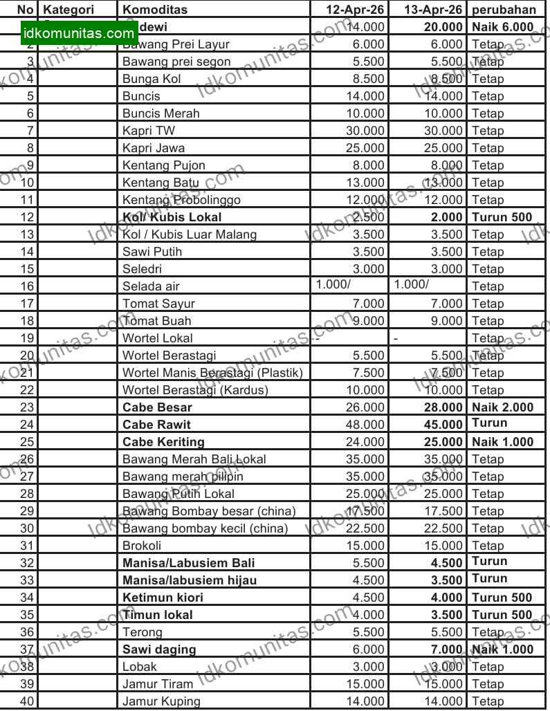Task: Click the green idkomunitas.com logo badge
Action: (x=78, y=33)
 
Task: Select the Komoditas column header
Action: (x=155, y=10)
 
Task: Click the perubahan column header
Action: (x=504, y=10)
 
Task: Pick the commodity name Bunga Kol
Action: (x=152, y=79)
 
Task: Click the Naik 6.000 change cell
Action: (x=503, y=27)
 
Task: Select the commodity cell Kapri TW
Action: (x=145, y=131)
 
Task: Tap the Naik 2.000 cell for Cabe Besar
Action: (x=503, y=407)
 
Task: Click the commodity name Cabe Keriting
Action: (x=163, y=442)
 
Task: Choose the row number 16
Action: (x=28, y=286)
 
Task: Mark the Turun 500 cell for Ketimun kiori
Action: (x=502, y=598)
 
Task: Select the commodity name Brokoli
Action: (x=142, y=546)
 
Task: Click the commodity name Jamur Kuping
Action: (x=161, y=701)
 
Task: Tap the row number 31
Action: (x=28, y=546)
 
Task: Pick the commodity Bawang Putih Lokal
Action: (x=178, y=494)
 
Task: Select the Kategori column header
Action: (x=69, y=10)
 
